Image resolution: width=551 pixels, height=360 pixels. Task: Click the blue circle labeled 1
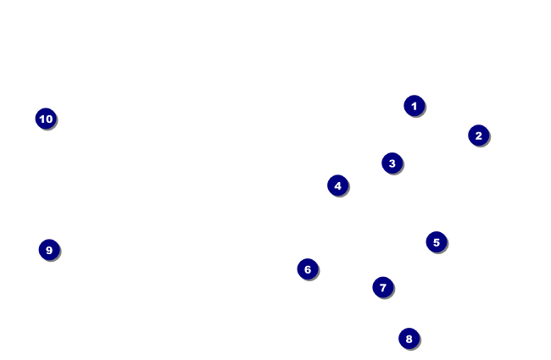pyautogui.click(x=415, y=106)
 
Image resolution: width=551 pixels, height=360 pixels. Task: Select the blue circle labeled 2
pyautogui.click(x=479, y=136)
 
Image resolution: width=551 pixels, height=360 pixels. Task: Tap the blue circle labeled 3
pyautogui.click(x=392, y=163)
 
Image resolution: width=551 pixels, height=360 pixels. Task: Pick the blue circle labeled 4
pyautogui.click(x=337, y=186)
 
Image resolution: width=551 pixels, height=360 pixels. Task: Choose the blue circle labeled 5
pyautogui.click(x=437, y=242)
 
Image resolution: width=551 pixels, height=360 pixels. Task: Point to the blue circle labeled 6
pyautogui.click(x=308, y=269)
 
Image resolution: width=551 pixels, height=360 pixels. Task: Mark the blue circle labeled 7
pyautogui.click(x=383, y=287)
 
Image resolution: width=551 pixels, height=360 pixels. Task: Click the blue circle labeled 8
pyautogui.click(x=409, y=339)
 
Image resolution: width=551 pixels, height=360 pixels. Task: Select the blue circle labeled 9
pyautogui.click(x=49, y=250)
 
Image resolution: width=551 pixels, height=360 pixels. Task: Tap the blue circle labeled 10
pyautogui.click(x=46, y=119)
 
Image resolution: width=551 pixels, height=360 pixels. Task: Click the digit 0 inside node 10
pyautogui.click(x=49, y=119)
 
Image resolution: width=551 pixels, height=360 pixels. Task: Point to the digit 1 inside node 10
pyautogui.click(x=42, y=119)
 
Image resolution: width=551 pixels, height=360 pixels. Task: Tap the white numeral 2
pyautogui.click(x=479, y=136)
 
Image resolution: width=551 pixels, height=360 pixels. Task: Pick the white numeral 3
pyautogui.click(x=392, y=163)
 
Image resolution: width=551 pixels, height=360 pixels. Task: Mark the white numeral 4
pyautogui.click(x=337, y=186)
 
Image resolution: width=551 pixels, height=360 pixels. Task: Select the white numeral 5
pyautogui.click(x=437, y=242)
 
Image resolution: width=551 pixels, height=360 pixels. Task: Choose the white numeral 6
pyautogui.click(x=308, y=269)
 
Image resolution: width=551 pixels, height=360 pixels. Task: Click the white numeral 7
pyautogui.click(x=383, y=288)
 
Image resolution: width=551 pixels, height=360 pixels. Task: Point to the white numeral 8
pyautogui.click(x=409, y=339)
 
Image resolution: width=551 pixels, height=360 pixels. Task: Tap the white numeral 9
pyautogui.click(x=49, y=250)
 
